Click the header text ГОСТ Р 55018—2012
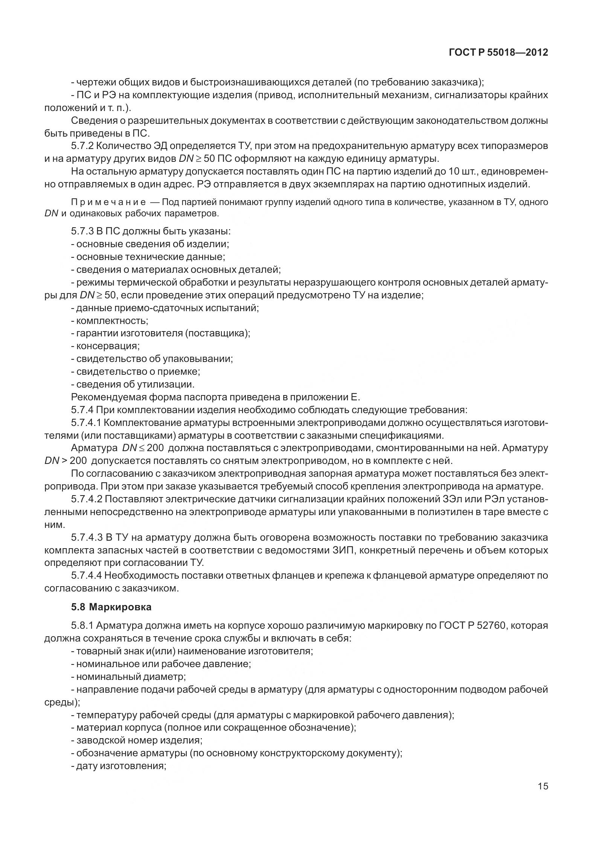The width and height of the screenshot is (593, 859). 498,52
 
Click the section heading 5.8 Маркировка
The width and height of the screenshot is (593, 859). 111,607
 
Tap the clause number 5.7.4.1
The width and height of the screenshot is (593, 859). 86,423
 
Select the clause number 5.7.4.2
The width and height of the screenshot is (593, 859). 86,499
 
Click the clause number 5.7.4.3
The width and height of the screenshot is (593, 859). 86,537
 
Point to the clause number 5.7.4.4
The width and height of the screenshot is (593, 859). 86,575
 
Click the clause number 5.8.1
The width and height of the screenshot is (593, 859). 82,626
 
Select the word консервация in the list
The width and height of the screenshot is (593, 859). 108,346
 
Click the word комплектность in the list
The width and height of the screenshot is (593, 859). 112,321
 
